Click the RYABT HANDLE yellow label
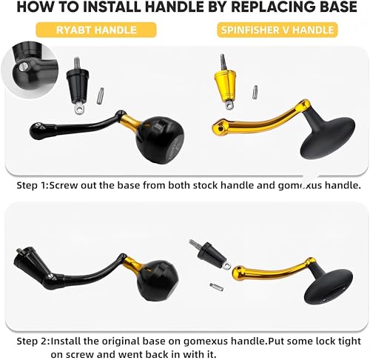[96, 30]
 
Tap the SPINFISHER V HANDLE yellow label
[277, 30]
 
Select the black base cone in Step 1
[78, 86]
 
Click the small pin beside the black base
[101, 96]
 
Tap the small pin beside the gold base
[255, 92]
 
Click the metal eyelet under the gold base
[229, 105]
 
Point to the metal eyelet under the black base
[79, 109]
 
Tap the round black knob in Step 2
[157, 280]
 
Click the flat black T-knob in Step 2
[329, 284]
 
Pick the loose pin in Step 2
[217, 287]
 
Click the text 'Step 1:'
[33, 185]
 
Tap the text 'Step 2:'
[33, 341]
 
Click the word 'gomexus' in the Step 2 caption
[206, 341]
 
